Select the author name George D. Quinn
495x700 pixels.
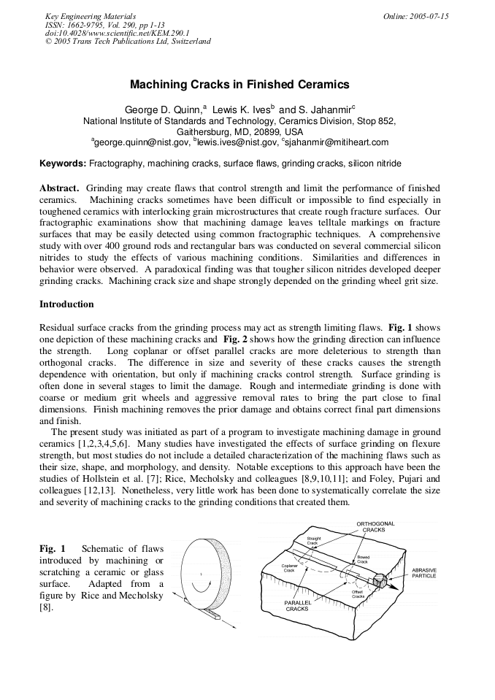click(162, 109)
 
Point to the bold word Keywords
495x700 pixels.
click(62, 164)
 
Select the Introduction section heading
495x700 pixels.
click(66, 304)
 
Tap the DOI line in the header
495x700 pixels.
click(117, 33)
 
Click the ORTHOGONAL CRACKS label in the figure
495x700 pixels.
click(376, 527)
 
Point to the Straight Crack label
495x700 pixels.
click(312, 541)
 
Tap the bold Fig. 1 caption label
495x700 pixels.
click(53, 549)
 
